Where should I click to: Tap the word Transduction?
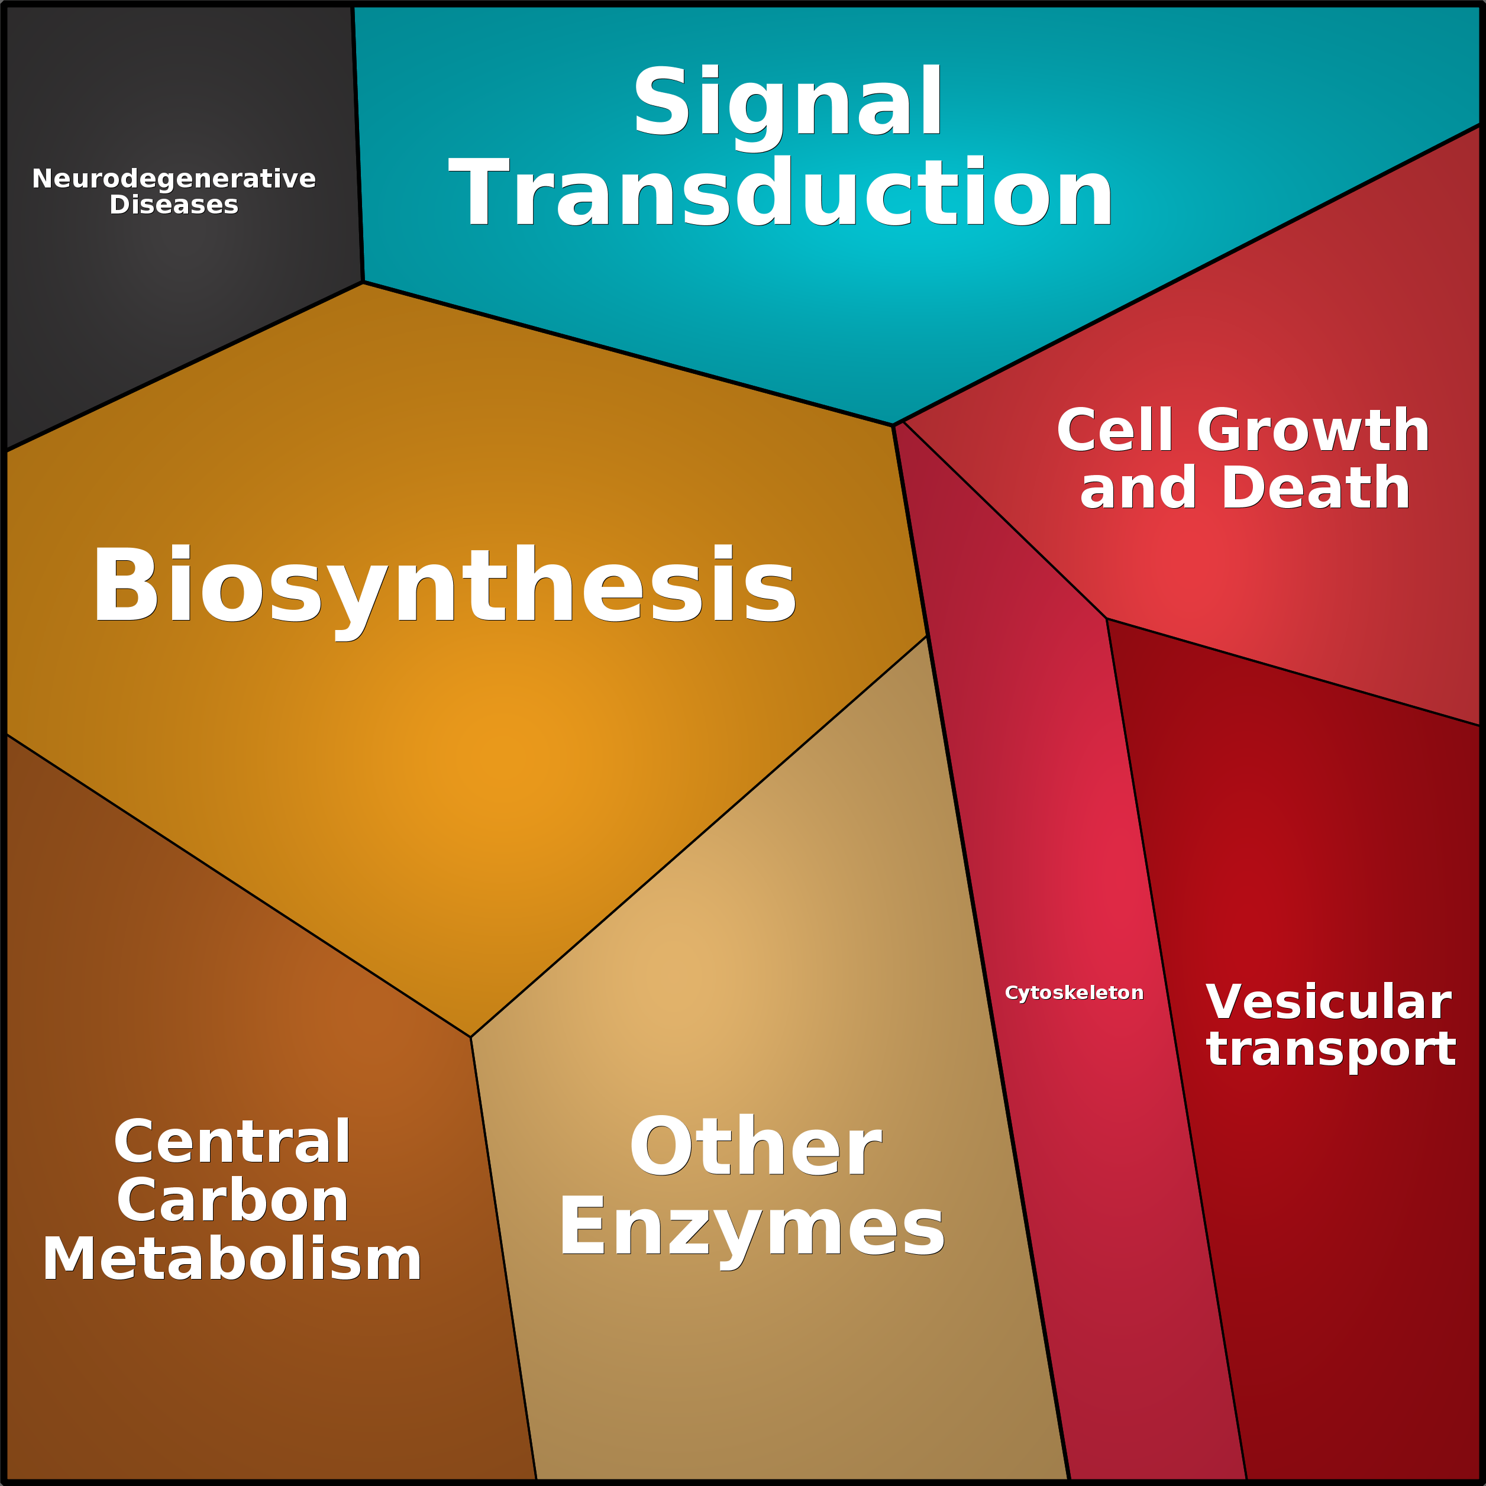point(781,192)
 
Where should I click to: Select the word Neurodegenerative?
point(174,179)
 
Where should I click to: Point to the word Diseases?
point(174,205)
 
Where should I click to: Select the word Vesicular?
point(1328,1002)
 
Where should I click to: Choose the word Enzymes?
point(751,1230)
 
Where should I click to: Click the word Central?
point(232,1142)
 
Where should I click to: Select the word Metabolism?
point(231,1258)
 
